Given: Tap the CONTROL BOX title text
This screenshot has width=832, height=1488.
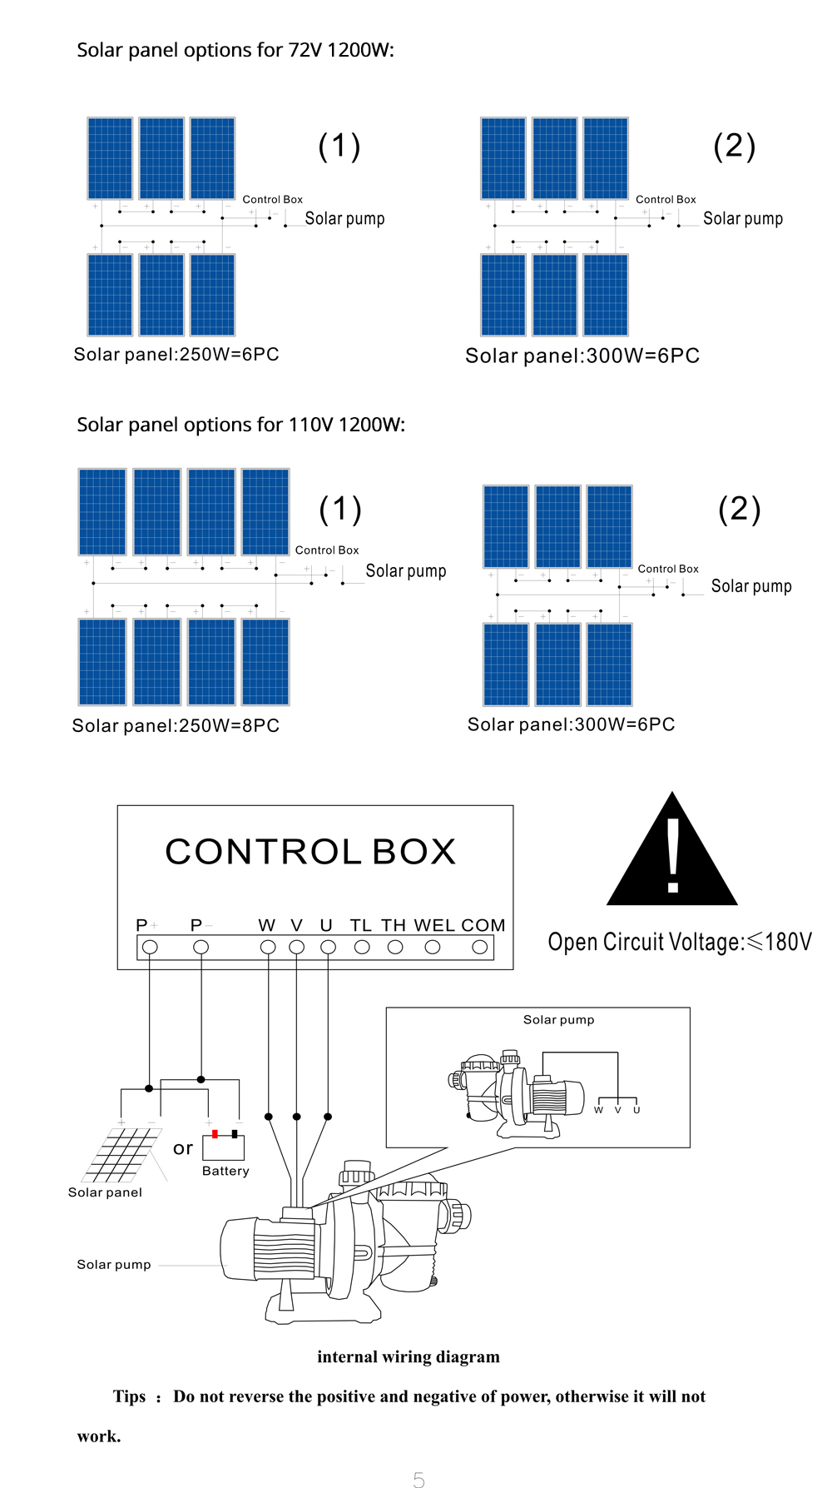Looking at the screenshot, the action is coord(310,852).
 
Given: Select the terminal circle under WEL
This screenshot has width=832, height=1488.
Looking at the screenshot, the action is coord(433,947).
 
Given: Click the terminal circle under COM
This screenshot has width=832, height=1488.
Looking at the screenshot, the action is coord(480,947).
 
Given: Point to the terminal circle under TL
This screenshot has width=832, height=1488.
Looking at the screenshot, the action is coord(362,947).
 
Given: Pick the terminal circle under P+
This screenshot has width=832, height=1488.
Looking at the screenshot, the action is coord(150,947).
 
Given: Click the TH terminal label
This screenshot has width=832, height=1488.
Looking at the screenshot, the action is coord(394,925).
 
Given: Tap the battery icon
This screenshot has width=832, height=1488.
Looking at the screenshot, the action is coord(224,1146).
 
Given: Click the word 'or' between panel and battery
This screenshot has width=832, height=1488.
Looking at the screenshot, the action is coord(183,1149).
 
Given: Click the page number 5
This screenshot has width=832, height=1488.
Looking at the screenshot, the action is coord(418,1479).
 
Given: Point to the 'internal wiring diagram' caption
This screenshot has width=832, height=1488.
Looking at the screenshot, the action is coord(409,1357).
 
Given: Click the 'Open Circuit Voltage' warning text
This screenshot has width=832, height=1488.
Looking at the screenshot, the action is coord(680,942).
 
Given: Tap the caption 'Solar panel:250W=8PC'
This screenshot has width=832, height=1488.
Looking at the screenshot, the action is coord(176,725).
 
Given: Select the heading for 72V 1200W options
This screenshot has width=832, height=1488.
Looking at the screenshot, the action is coord(235,50).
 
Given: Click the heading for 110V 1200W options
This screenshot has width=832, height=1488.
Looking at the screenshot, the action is coord(241,425).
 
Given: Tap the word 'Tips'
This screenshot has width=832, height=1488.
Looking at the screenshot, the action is coord(129,1396).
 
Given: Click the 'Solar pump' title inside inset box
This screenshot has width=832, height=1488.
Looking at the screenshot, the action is coord(559,1019).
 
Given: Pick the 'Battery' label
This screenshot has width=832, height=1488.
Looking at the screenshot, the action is coord(225,1171).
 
